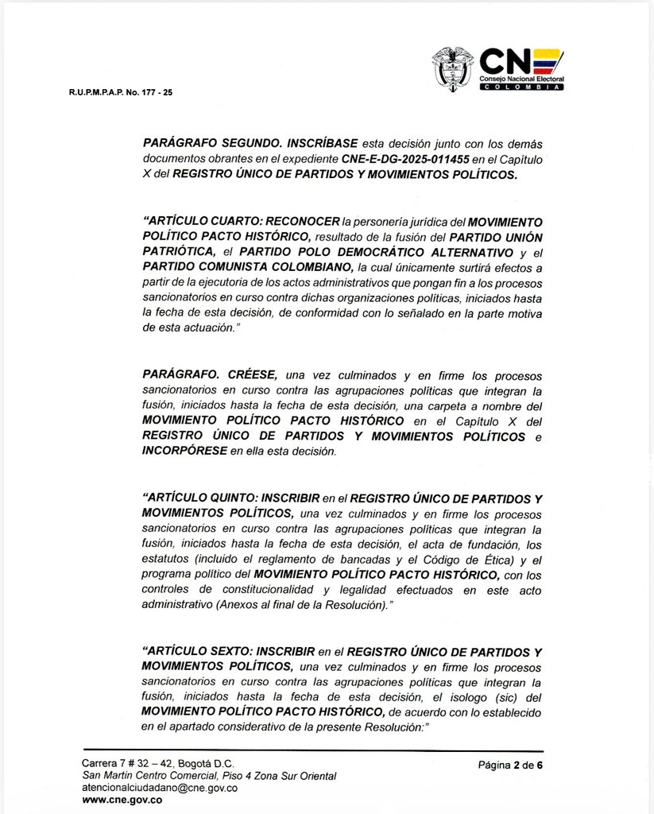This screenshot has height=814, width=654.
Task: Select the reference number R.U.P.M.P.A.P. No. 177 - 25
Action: pos(120,93)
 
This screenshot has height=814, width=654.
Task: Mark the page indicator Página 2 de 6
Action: pos(510,766)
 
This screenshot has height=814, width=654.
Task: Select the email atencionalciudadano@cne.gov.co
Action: pos(160,788)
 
